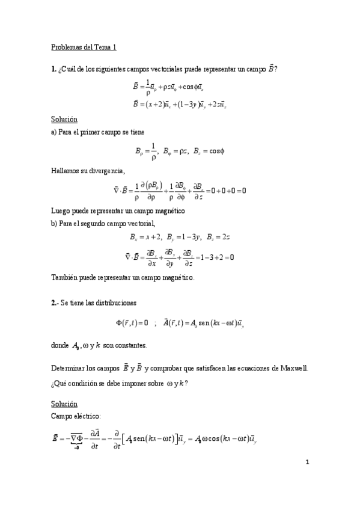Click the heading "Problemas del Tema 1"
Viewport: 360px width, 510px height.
[x=84, y=46]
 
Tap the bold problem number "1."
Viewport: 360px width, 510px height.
[x=54, y=69]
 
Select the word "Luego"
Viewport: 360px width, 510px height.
[x=60, y=210]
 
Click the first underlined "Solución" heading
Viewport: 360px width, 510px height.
[x=64, y=119]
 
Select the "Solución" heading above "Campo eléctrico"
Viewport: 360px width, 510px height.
[x=64, y=403]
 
